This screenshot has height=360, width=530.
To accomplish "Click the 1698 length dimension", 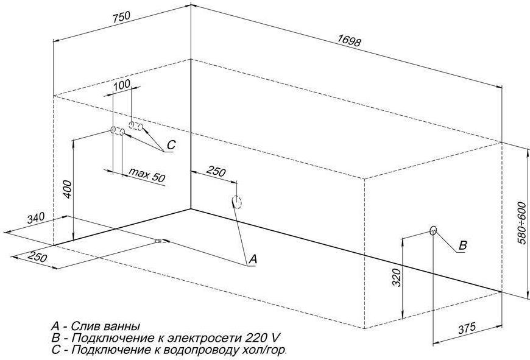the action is pos(350,40).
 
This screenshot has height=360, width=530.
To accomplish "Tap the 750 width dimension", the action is pos(121,17).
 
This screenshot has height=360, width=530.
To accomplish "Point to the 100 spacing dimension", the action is pos(122,84).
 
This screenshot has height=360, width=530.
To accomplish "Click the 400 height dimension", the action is pos(68,189).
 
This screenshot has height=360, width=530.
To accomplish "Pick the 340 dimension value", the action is pos(36,218).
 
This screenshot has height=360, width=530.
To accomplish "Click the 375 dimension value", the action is pos(467,328).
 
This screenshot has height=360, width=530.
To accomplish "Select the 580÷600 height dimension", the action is pos(522,223).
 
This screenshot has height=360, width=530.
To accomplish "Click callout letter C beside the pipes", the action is pos(171,145).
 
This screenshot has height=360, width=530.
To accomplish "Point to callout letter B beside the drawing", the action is pos(463,245).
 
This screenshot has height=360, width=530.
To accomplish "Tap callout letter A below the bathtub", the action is pos(252,259).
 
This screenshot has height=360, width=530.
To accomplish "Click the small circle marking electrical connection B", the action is pos(433,230).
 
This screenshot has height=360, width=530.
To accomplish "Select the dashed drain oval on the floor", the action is pos(161,241).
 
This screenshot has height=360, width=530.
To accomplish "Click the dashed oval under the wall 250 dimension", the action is pos(237,202).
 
